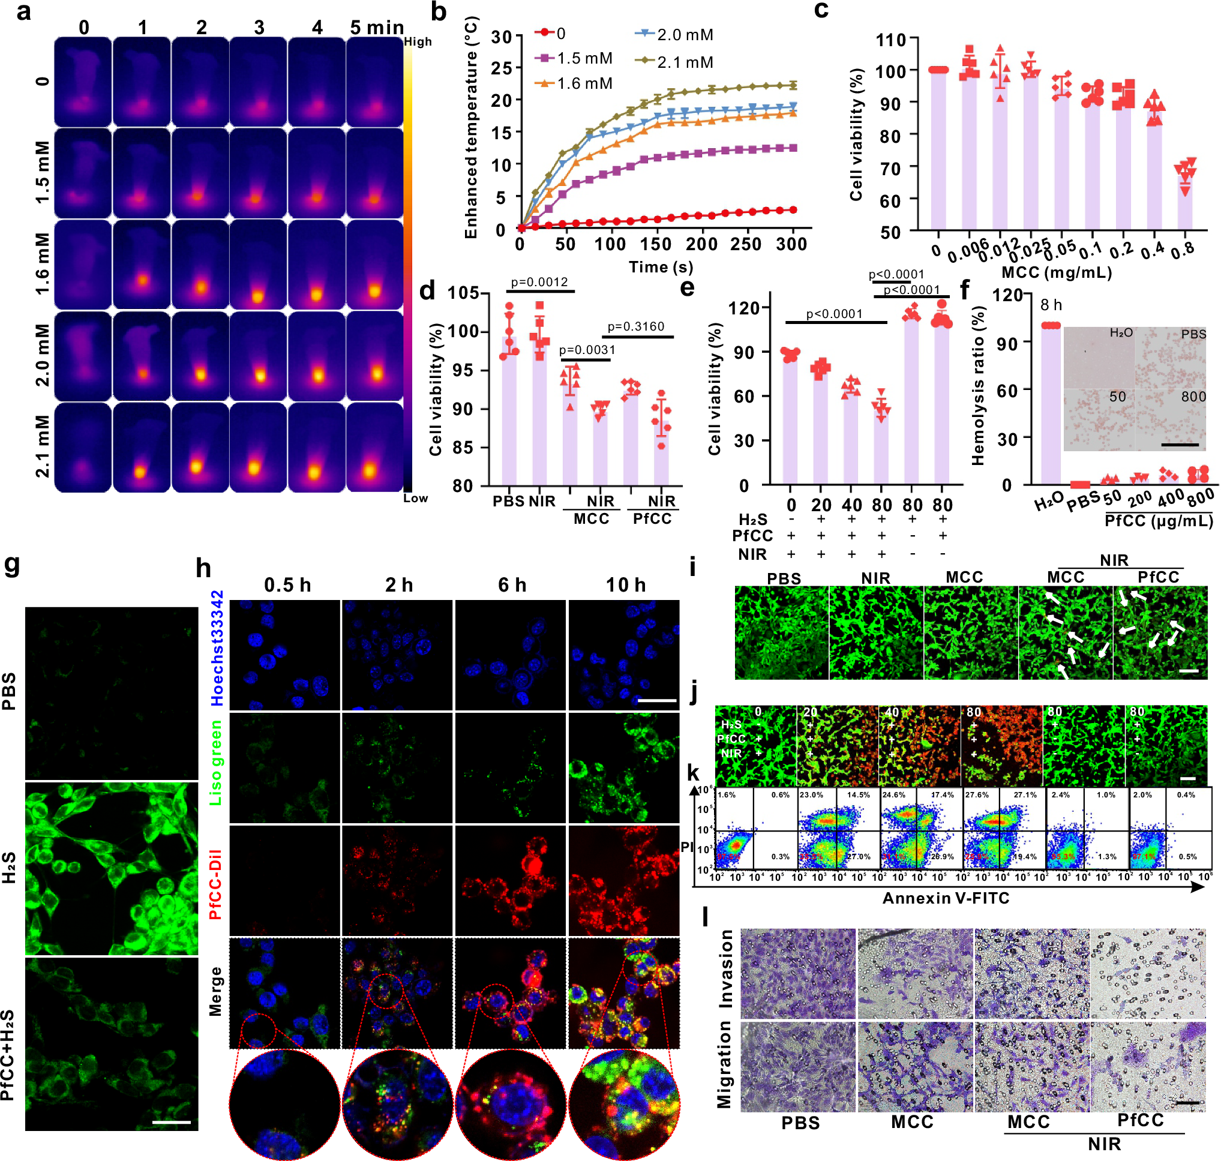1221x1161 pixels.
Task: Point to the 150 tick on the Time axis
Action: click(x=655, y=244)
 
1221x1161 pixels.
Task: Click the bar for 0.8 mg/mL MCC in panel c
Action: click(x=1184, y=204)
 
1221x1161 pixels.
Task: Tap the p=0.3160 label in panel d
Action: click(x=635, y=327)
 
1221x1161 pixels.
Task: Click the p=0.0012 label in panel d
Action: click(x=539, y=282)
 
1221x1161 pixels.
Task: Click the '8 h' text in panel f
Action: click(x=1051, y=305)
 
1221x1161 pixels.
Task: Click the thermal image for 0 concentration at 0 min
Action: click(x=82, y=82)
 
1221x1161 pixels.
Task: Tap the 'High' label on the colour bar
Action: click(x=418, y=42)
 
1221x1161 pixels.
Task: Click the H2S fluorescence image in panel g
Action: click(x=112, y=868)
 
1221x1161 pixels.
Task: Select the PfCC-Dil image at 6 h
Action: click(x=510, y=880)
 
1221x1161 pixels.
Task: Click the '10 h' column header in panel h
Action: click(x=625, y=585)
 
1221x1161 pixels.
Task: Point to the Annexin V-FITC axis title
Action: click(x=946, y=898)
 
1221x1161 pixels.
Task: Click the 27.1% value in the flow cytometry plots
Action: click(x=1025, y=794)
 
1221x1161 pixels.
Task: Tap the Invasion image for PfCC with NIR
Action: click(x=1147, y=972)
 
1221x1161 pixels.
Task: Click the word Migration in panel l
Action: click(x=724, y=1064)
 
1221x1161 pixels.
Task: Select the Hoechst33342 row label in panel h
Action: click(x=217, y=648)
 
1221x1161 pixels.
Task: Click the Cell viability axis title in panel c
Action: click(x=856, y=134)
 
